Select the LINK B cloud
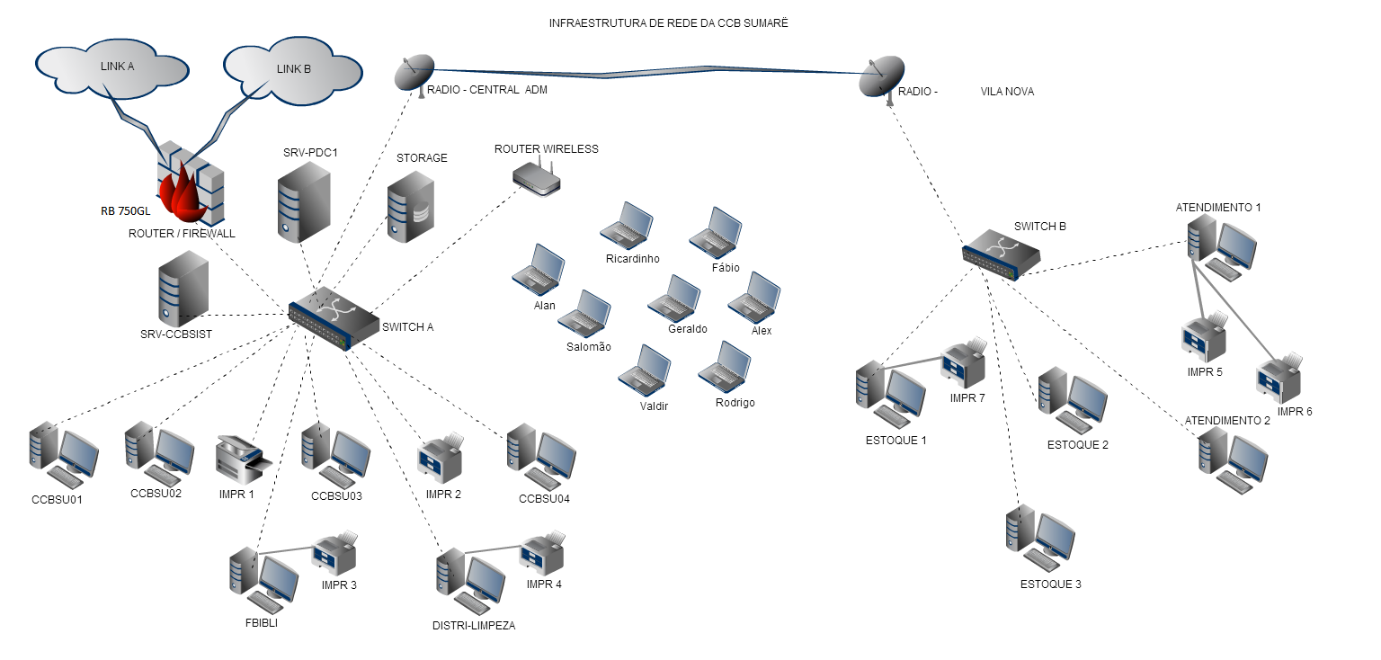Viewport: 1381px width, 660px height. coord(293,70)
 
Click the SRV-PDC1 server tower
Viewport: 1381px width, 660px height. coord(303,204)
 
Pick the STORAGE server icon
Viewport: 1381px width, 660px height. coord(411,206)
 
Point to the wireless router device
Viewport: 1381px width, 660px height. coord(537,178)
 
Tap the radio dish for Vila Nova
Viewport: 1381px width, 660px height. coord(880,79)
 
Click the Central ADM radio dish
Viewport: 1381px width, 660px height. coord(415,74)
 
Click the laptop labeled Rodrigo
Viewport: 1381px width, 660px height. coord(725,366)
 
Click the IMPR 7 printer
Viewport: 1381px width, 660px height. coord(963,365)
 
